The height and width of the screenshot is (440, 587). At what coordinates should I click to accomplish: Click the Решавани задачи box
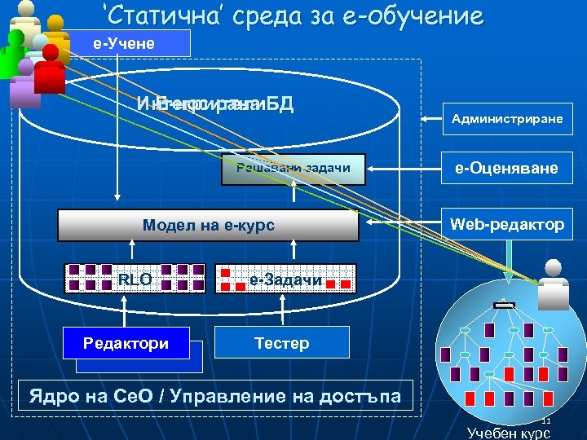293,169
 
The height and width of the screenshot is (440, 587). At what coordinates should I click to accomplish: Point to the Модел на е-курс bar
208,226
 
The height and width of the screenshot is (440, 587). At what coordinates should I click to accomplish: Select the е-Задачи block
285,279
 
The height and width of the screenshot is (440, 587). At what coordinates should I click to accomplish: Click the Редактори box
126,343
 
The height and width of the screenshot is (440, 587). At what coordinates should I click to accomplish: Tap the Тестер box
281,343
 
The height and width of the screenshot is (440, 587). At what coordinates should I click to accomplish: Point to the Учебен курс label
509,433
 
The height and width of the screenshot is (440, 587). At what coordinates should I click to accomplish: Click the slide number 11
547,420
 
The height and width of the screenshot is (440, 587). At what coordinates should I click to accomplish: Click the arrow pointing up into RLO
126,310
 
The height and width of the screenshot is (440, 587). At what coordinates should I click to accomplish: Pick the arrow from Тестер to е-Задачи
282,310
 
